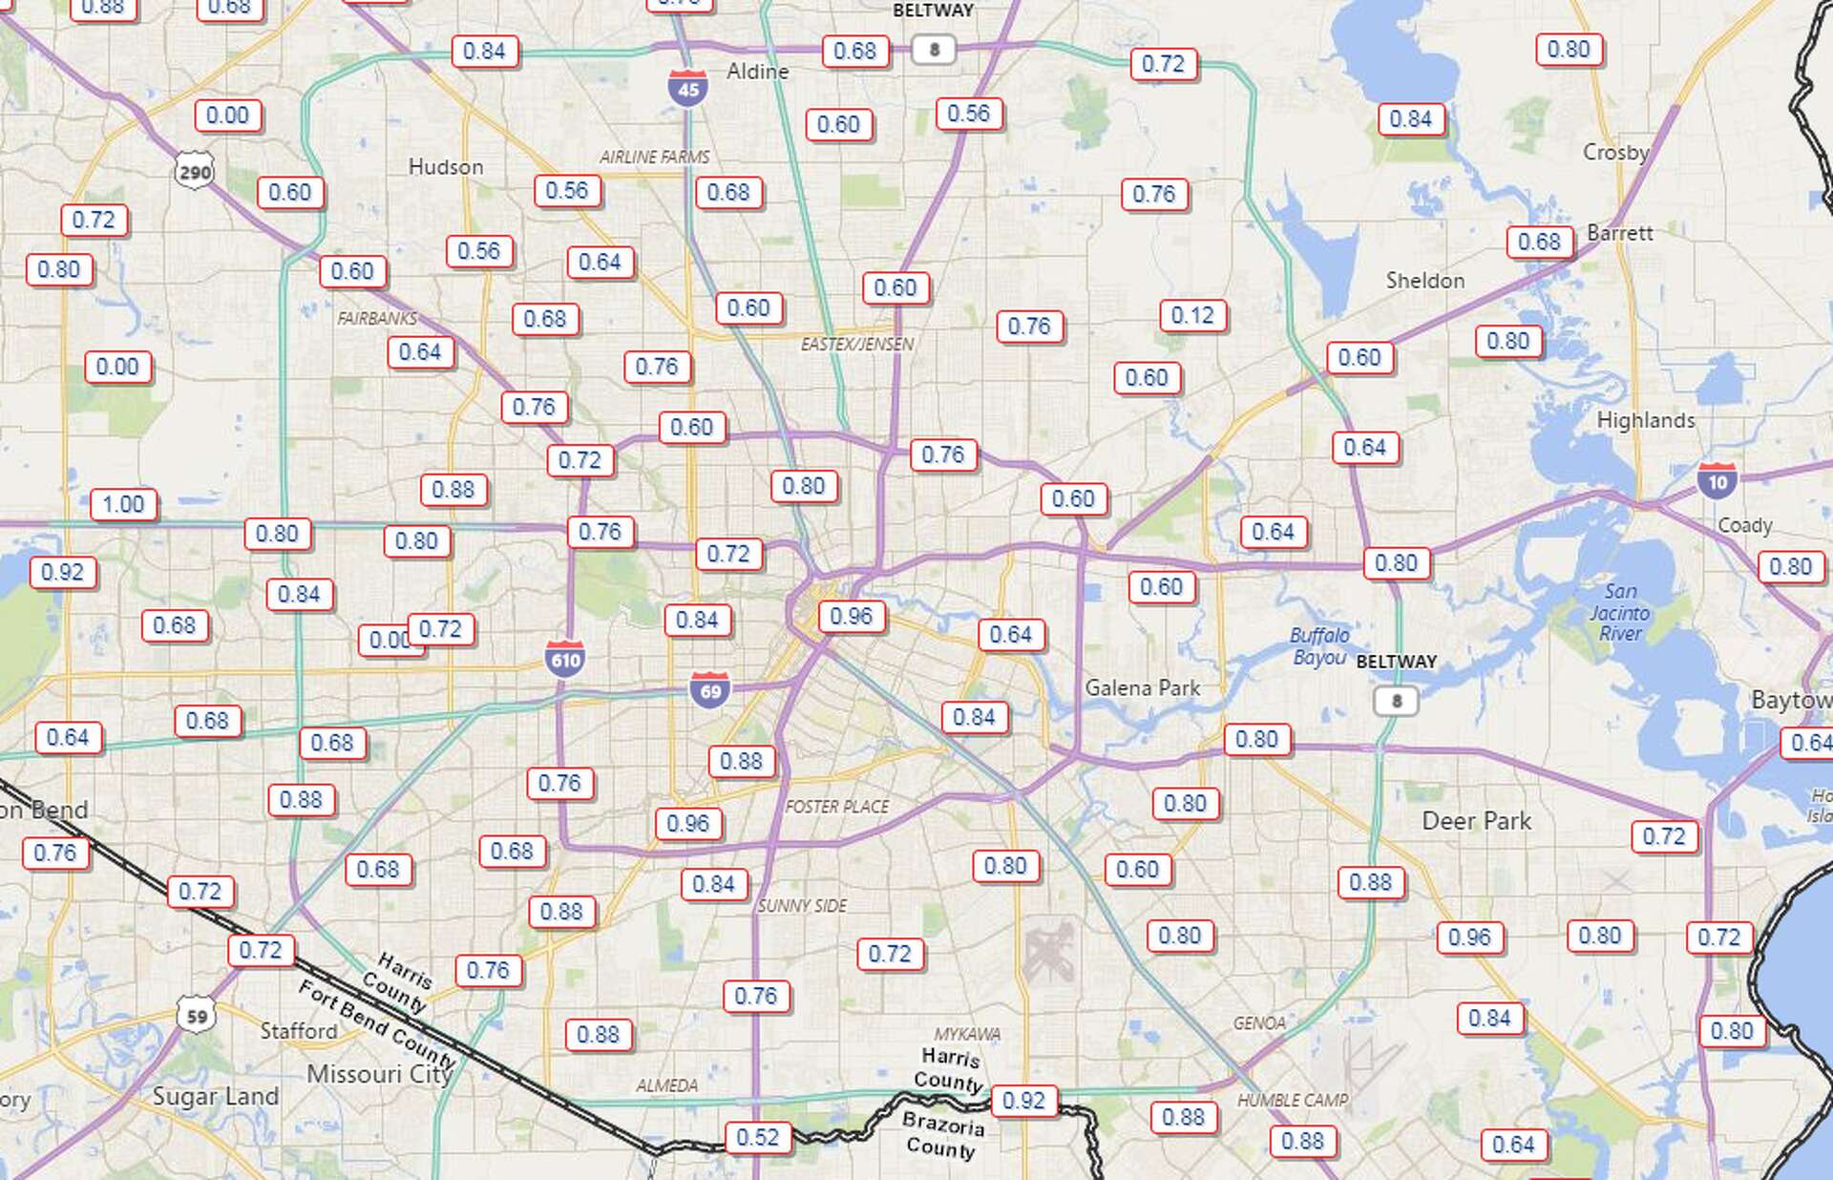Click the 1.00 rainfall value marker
(x=123, y=504)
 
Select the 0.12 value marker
(x=1192, y=315)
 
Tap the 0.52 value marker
(x=758, y=1137)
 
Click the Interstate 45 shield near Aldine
(x=687, y=88)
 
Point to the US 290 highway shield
(x=195, y=172)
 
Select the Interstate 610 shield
(x=565, y=659)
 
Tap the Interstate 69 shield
(x=710, y=690)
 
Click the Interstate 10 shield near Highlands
(x=1717, y=481)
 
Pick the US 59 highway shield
(x=197, y=1016)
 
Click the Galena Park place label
(x=1143, y=687)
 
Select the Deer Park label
(x=1476, y=821)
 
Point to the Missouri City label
(x=379, y=1074)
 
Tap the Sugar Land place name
(x=216, y=1096)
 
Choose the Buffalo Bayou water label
(x=1319, y=646)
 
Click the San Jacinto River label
(x=1620, y=612)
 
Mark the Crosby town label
(x=1615, y=152)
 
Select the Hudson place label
(x=446, y=167)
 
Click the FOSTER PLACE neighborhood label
(x=837, y=807)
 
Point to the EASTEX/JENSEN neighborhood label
(x=857, y=344)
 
